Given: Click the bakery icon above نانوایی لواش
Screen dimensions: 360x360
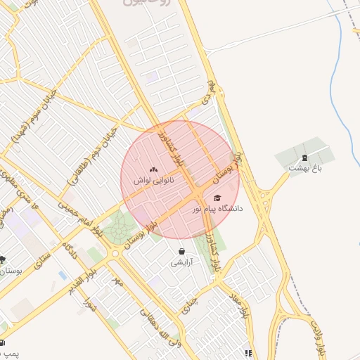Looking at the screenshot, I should click(153, 170).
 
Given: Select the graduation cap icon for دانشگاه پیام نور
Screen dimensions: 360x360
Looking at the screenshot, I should click(217, 198).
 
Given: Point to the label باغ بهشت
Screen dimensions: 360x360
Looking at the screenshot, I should click(304, 168).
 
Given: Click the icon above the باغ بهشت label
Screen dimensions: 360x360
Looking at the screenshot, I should click(304, 157).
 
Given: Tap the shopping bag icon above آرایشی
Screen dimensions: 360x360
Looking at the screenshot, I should click(182, 251).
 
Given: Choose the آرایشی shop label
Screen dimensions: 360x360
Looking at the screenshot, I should click(181, 262).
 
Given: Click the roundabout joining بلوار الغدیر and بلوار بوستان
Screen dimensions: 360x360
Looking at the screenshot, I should click(114, 254).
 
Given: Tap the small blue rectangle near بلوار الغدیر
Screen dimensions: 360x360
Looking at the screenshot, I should click(63, 275).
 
